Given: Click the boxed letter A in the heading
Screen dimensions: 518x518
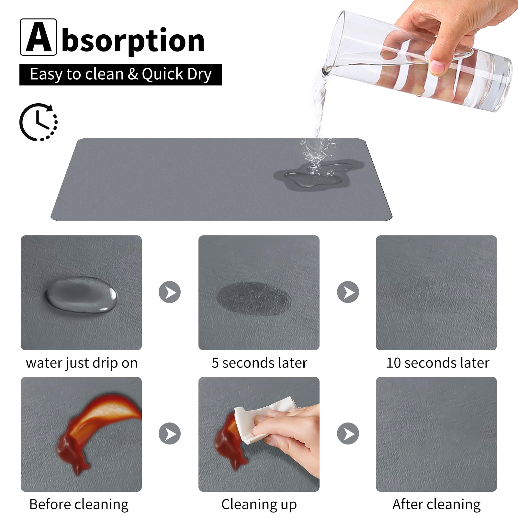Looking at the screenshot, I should tap(38, 37).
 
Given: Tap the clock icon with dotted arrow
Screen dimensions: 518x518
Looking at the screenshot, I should tap(39, 122).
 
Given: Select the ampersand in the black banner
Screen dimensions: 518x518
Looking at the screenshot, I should tap(133, 74).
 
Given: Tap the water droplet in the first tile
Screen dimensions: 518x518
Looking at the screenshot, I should tap(81, 295).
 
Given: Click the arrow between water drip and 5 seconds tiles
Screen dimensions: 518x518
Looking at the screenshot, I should tap(170, 292).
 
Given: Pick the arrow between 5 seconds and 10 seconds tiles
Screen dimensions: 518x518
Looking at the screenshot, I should tap(348, 292).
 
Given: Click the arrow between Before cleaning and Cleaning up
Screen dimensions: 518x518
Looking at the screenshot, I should tap(170, 434).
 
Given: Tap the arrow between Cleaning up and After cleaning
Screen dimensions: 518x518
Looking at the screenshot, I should tap(348, 434).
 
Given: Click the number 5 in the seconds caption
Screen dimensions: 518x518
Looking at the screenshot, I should tap(215, 363).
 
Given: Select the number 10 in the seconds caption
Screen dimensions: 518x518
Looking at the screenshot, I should tap(394, 363).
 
